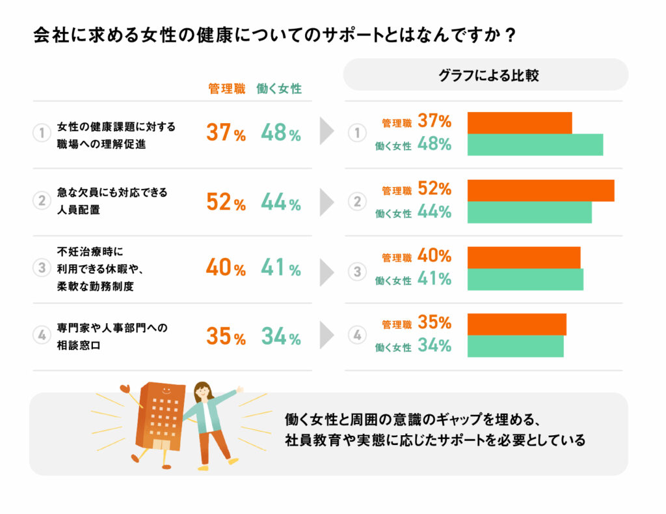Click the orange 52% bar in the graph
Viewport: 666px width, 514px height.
(540, 190)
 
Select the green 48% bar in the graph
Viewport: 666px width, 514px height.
(535, 145)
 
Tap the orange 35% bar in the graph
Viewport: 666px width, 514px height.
(517, 324)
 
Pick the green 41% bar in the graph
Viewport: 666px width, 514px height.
(526, 279)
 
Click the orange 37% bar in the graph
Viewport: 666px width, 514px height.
(520, 122)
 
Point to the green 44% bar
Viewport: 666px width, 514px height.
(529, 212)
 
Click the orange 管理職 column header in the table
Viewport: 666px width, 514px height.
(226, 89)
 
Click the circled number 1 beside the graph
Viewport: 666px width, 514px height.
(356, 134)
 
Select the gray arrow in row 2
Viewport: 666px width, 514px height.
(326, 202)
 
